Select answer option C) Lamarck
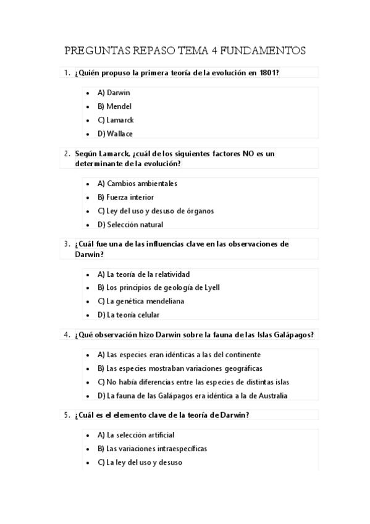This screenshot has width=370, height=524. [116, 120]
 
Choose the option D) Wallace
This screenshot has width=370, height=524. [115, 133]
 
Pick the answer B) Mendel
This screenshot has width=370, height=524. [114, 106]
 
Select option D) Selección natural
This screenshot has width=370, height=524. [130, 224]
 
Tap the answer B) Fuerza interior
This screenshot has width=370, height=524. [125, 197]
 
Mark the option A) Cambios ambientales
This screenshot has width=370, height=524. [137, 184]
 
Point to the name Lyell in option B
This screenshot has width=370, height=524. [211, 287]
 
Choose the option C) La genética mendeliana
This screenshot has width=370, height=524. [141, 301]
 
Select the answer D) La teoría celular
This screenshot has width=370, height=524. [128, 315]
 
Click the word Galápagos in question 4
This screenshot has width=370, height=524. [293, 335]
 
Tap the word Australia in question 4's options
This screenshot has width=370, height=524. [271, 395]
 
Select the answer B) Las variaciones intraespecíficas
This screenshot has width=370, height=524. [152, 449]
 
